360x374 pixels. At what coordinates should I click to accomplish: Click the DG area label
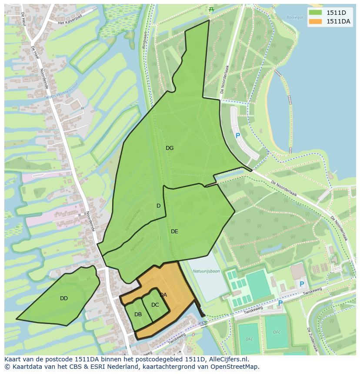[x=170, y=148]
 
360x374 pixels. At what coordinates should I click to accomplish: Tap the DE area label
[x=174, y=232]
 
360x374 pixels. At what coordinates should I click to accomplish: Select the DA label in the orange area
[x=163, y=295]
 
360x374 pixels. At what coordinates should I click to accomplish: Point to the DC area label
[x=155, y=305]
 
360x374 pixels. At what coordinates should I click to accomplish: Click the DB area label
[x=138, y=314]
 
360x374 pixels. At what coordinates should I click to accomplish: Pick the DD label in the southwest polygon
[x=64, y=298]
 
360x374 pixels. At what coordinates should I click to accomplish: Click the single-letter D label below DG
[x=159, y=206]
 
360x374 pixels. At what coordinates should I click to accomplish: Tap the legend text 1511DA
[x=339, y=21]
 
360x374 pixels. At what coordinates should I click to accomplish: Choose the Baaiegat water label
[x=295, y=18]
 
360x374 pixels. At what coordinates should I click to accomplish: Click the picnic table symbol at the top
[x=211, y=9]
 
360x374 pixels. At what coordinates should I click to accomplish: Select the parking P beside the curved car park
[x=238, y=136]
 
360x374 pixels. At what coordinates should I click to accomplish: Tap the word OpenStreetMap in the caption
[x=234, y=367]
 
